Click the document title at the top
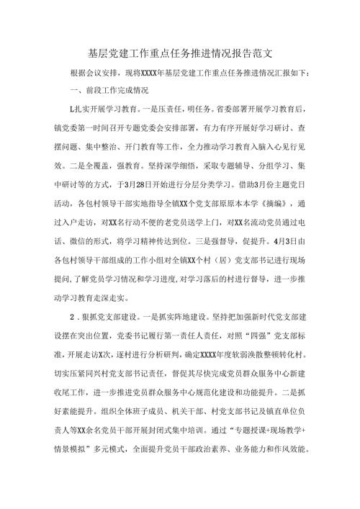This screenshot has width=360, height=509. (x=179, y=53)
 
